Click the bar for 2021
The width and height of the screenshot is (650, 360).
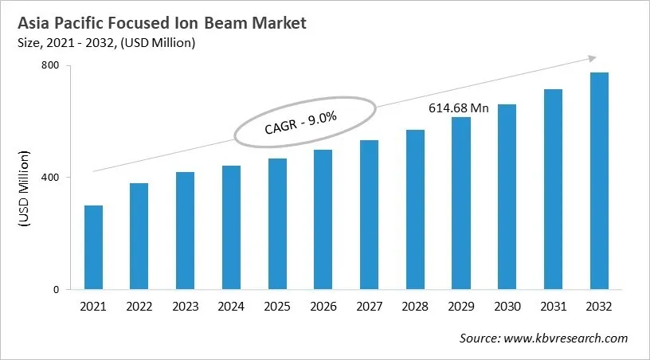click(93, 248)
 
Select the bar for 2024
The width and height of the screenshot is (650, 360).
click(231, 228)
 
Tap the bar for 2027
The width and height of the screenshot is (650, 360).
click(370, 215)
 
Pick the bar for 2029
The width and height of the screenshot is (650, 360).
click(461, 203)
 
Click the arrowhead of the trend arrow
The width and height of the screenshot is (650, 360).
click(592, 57)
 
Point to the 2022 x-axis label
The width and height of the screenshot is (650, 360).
click(139, 307)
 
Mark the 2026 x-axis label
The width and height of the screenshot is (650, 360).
click(323, 307)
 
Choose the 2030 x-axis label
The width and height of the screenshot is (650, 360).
click(507, 307)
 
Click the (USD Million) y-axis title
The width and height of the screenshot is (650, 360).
click(25, 188)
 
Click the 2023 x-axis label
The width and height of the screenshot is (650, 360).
click(186, 307)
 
